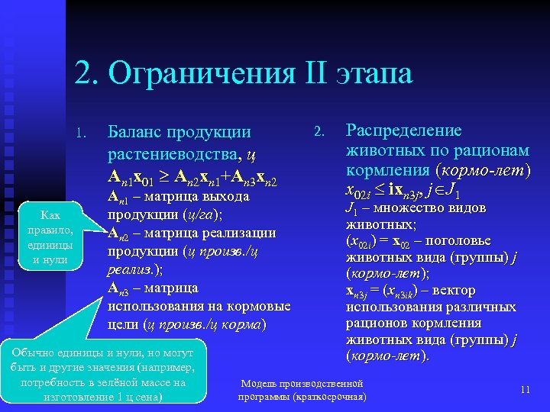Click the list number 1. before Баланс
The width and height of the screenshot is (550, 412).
click(x=84, y=136)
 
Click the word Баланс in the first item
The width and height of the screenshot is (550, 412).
click(x=137, y=134)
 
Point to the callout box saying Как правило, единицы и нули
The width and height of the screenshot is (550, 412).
click(x=49, y=237)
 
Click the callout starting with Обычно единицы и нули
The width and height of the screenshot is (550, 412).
click(x=104, y=375)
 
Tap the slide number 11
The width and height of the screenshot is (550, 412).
click(x=525, y=390)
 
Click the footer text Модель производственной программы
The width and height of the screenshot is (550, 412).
click(x=302, y=383)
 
